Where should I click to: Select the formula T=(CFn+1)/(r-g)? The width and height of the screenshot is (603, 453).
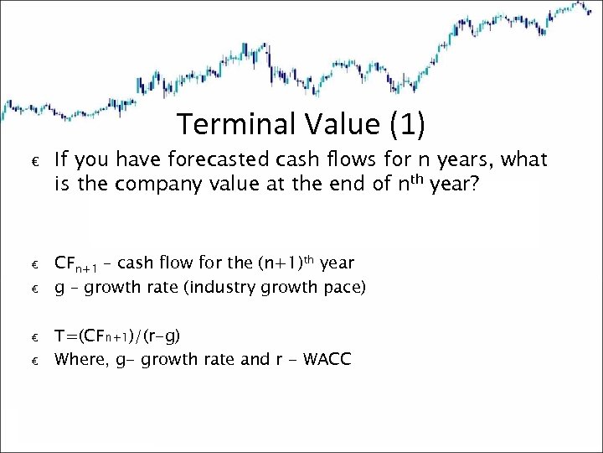coord(117,336)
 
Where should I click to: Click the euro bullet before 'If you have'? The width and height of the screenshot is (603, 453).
coord(36,161)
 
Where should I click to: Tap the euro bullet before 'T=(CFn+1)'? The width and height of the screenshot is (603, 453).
coord(36,337)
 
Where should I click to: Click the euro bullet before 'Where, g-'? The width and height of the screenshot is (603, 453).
coord(36,361)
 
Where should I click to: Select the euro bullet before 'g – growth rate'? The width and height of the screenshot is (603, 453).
coord(36,289)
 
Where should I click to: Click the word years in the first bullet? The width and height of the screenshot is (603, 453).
coord(457,159)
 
